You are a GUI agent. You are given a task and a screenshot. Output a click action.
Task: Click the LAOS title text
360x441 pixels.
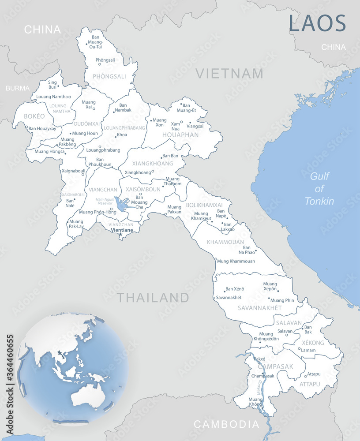pos(317,23)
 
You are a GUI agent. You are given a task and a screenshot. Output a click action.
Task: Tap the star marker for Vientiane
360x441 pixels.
pos(120,234)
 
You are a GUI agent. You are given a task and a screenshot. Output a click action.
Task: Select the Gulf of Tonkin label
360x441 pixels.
pos(319,189)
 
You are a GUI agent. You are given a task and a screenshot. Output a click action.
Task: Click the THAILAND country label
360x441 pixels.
pos(153,298)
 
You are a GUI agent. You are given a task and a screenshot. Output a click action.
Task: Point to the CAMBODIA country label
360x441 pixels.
pos(226,424)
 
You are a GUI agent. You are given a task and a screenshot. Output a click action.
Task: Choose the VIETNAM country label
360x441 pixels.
pos(229,73)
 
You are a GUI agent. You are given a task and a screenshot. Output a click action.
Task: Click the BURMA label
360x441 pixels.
pos(18,88)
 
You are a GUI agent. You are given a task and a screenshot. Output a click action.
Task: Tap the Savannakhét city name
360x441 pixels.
pos(229,298)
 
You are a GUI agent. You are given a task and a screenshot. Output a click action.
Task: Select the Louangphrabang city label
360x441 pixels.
pos(103,150)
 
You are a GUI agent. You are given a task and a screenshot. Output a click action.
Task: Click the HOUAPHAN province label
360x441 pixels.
pos(180,135)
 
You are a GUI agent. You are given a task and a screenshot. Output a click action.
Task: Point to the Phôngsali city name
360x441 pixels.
pos(105,60)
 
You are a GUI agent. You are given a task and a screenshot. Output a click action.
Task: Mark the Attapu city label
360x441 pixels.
pos(314,374)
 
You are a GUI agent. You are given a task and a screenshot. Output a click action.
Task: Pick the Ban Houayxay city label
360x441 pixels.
pos(42,129)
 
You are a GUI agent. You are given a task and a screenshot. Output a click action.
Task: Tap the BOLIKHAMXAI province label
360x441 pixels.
pos(204,205)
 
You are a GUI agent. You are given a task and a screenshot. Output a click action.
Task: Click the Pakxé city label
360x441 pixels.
pos(259,359)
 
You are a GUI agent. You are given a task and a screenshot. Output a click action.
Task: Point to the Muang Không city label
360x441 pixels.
pos(255,402)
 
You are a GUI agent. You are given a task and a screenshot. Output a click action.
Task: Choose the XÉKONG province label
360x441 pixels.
pos(313,343)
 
